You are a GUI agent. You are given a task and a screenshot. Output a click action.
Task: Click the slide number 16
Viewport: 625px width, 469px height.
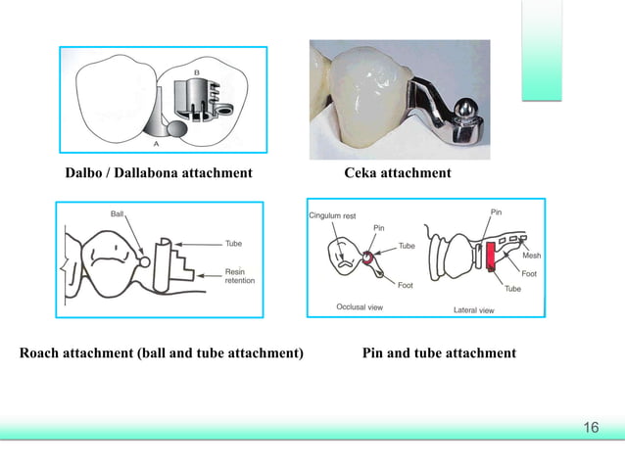click(591, 428)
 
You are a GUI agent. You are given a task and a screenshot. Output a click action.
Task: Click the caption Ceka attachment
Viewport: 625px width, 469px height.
click(398, 173)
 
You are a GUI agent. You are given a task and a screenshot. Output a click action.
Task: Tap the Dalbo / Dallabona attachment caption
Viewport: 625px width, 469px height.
click(159, 173)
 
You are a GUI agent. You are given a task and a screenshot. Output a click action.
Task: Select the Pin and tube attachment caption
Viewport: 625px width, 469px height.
click(439, 352)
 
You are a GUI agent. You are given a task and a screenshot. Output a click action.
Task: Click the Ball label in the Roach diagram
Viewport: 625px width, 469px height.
click(117, 211)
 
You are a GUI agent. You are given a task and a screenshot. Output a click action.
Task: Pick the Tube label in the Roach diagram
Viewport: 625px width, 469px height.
click(233, 243)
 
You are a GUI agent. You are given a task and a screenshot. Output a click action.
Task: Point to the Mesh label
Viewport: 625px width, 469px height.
click(531, 256)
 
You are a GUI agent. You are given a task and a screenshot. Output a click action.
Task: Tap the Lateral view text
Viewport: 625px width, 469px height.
click(473, 308)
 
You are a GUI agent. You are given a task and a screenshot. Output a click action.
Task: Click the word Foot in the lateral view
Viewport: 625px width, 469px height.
click(528, 274)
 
